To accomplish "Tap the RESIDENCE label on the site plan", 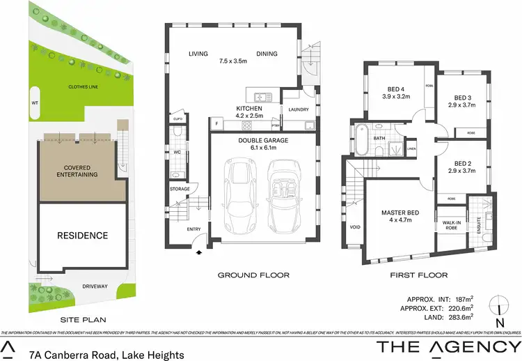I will tap(83, 236).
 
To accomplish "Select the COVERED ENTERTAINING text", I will tap(81, 171).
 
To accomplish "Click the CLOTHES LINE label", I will tap(81, 87).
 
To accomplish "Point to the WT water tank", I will tap(35, 102).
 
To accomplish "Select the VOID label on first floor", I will tap(354, 226).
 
